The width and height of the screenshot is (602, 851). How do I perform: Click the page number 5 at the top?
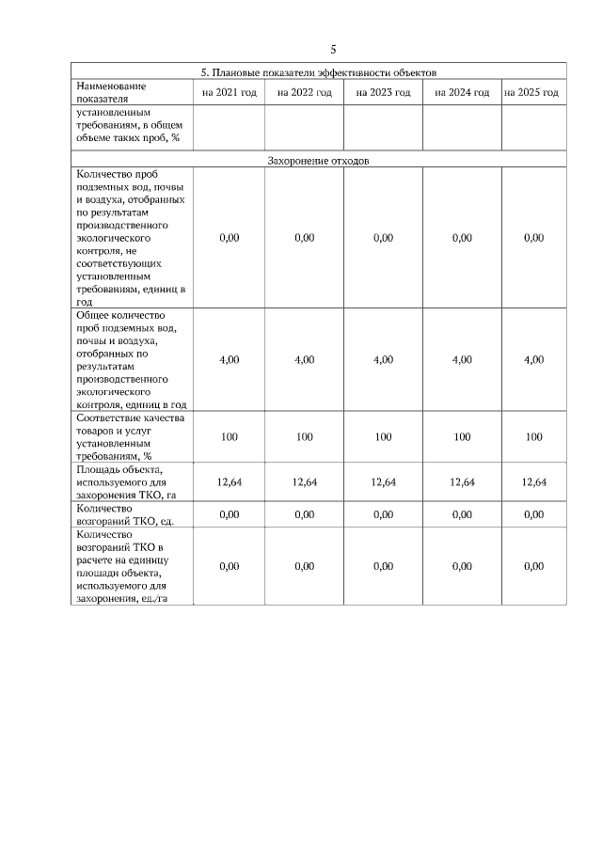pos(333,49)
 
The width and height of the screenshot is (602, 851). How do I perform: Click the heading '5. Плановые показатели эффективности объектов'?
pos(319,71)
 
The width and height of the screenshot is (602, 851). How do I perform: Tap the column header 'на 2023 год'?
pos(383,92)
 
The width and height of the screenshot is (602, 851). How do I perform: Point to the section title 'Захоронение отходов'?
pos(319,160)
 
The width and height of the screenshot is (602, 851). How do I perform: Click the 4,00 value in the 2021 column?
pos(229,360)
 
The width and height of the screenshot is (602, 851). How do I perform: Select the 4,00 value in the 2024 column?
pos(462,360)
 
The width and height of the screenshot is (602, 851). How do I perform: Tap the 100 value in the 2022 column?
pos(304,436)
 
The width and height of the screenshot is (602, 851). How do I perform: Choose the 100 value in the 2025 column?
pos(533,436)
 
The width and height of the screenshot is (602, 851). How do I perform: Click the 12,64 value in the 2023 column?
pos(383,481)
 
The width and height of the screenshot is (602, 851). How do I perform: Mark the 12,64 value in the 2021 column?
pos(229,481)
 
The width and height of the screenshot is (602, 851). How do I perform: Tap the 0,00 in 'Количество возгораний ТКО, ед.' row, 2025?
pos(533,514)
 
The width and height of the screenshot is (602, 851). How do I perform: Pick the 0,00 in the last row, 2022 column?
pos(304,566)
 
